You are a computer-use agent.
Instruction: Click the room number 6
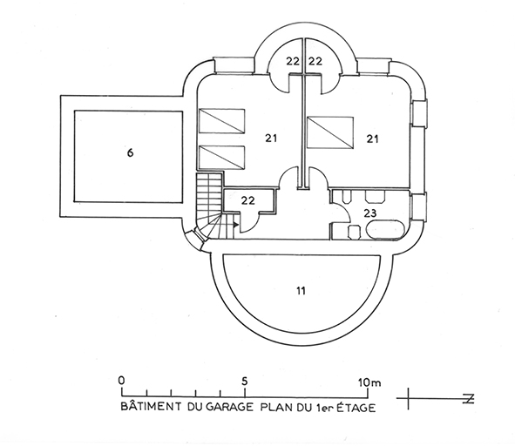pyautogui.click(x=130, y=152)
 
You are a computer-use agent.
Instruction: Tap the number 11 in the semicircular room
pyautogui.click(x=301, y=291)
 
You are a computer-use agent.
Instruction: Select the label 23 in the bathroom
pyautogui.click(x=369, y=213)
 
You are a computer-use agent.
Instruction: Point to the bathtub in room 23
pyautogui.click(x=385, y=229)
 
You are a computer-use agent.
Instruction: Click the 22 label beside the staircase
pyautogui.click(x=248, y=200)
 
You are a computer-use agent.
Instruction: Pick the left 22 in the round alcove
pyautogui.click(x=292, y=61)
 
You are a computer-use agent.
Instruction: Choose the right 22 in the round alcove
pyautogui.click(x=315, y=61)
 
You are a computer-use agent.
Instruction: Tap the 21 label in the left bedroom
pyautogui.click(x=271, y=139)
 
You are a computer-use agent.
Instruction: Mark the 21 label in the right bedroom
pyautogui.click(x=372, y=139)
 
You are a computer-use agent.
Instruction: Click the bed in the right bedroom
pyautogui.click(x=329, y=132)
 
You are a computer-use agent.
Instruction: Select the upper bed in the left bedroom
pyautogui.click(x=221, y=121)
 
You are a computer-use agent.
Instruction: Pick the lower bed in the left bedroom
pyautogui.click(x=221, y=158)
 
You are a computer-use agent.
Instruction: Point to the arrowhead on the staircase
pyautogui.click(x=236, y=225)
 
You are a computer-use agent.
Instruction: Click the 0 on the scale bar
pyautogui.click(x=121, y=381)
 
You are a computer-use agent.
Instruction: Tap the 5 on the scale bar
pyautogui.click(x=244, y=381)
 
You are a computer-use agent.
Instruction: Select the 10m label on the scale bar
pyautogui.click(x=369, y=382)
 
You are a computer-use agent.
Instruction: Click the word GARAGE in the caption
pyautogui.click(x=230, y=408)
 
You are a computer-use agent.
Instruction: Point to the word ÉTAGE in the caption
pyautogui.click(x=356, y=408)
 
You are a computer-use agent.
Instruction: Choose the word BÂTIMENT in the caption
pyautogui.click(x=151, y=406)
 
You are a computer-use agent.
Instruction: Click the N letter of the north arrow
pyautogui.click(x=470, y=399)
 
